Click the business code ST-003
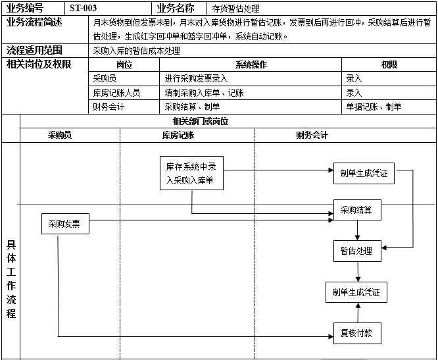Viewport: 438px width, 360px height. [x=84, y=9]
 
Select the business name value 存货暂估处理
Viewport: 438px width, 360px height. [x=235, y=9]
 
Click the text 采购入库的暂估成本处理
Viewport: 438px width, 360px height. [x=137, y=51]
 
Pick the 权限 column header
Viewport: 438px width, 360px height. [x=389, y=64]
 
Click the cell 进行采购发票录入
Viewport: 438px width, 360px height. [x=196, y=78]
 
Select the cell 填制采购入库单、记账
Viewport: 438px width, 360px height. [x=204, y=93]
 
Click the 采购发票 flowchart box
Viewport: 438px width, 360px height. [x=64, y=224]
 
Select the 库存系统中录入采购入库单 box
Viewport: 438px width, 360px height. [x=191, y=173]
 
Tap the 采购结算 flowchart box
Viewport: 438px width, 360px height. [x=356, y=211]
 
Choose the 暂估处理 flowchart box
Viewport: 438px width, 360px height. [x=356, y=251]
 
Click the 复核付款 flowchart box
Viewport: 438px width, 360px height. [x=356, y=333]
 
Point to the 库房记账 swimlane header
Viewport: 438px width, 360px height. [x=178, y=136]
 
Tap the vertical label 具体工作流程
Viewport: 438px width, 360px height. [x=11, y=279]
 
